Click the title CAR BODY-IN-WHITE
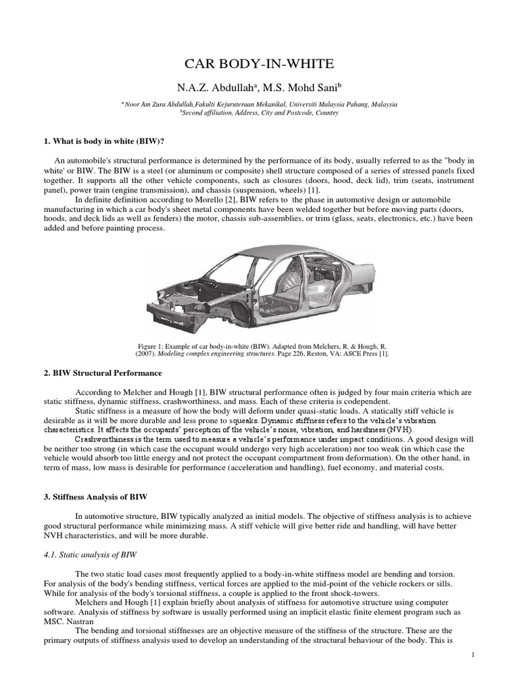coord(259,64)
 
